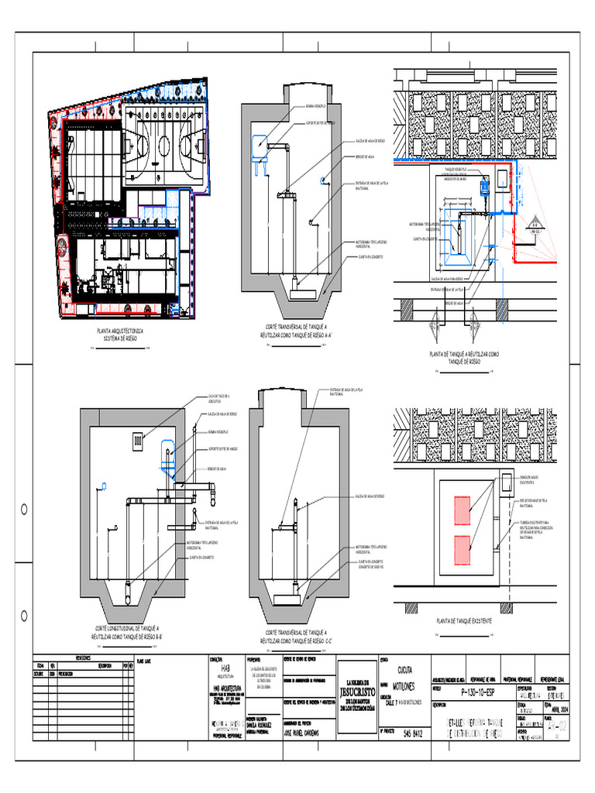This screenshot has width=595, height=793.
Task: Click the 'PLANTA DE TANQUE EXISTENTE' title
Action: coord(465,622)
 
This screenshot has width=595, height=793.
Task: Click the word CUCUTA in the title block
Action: coord(404,669)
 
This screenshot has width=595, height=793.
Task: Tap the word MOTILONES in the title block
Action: coord(408,686)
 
